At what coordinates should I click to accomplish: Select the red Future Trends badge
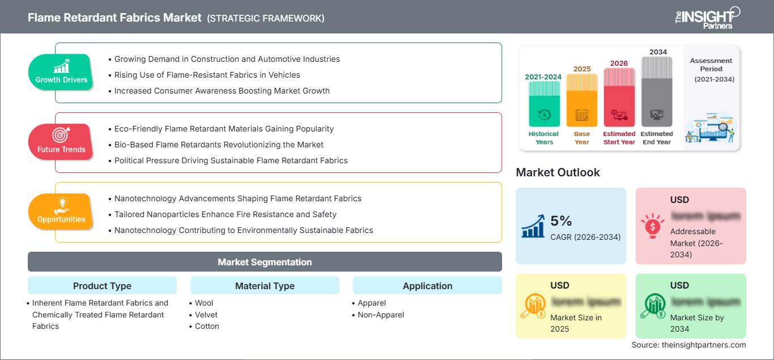point(61,142)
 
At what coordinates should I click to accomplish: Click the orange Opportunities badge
point(61,212)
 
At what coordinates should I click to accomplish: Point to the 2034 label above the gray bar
point(658,52)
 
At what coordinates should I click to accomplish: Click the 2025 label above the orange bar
point(582,69)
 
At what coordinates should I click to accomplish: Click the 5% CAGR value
point(561,221)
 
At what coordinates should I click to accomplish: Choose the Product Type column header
point(102,286)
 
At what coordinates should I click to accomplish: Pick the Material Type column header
point(265,286)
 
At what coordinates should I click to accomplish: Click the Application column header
point(427,286)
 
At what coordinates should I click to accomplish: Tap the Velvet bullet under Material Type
point(206,315)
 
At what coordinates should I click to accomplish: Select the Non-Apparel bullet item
point(381,315)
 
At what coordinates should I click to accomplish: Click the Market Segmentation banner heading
point(265,262)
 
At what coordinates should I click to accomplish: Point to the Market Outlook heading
point(558,172)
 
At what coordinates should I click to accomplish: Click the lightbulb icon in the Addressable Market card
point(653,226)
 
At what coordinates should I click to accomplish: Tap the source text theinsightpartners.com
point(689,345)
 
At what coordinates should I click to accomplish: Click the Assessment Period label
point(711,65)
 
